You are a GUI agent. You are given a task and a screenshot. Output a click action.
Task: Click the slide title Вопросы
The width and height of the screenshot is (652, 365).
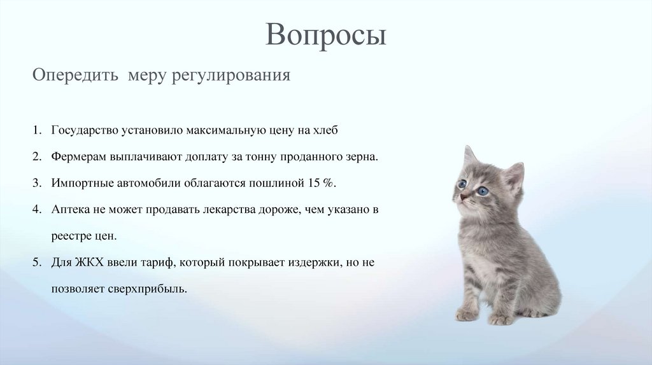coord(325,35)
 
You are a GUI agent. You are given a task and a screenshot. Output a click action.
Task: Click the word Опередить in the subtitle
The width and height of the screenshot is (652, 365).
coord(74,76)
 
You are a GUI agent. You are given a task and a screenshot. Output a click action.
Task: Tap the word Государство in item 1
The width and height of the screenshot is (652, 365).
coord(85,130)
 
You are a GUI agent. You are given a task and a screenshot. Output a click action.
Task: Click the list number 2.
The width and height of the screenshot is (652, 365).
coord(38,156)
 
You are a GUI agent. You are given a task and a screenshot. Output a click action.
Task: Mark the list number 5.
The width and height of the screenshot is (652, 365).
coord(38,262)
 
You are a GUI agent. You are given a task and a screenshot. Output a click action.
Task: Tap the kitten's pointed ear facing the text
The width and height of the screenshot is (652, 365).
coord(469,155)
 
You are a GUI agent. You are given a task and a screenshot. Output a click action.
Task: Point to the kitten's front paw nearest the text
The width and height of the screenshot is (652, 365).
coord(467,313)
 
